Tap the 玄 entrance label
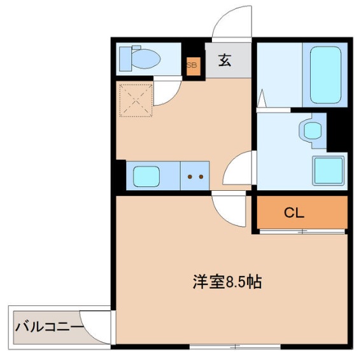[225, 61]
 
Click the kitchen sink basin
[146, 176]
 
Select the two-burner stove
[195, 176]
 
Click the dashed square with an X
[136, 99]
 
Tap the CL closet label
[294, 213]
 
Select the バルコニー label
[49, 328]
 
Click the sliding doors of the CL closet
[302, 231]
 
